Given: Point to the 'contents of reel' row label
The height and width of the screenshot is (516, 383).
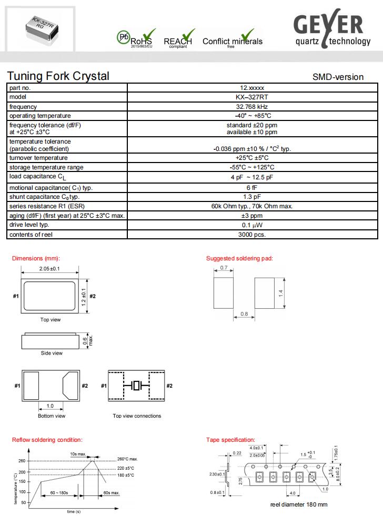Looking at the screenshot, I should (31, 235).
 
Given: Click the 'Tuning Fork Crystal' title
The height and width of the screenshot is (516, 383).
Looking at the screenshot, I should (58, 76).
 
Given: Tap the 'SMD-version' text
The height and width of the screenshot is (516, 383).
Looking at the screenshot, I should (338, 77).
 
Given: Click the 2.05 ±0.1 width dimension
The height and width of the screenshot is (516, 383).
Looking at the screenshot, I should (49, 268).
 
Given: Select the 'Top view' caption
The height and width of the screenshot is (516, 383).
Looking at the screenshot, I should (51, 320).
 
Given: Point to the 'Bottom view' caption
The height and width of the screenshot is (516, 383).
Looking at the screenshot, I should (52, 416).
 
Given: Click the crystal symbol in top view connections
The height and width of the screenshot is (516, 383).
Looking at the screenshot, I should (136, 386).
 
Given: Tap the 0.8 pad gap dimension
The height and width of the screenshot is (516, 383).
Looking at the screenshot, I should (244, 314).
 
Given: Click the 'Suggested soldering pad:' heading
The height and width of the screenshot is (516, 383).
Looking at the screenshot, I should (239, 258).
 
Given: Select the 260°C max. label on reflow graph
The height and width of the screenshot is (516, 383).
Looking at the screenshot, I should (127, 459).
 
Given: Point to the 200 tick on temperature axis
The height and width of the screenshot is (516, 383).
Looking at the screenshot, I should (22, 472).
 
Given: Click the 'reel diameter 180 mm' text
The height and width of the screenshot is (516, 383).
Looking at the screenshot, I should (298, 504).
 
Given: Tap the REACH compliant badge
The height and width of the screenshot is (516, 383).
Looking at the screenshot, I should (178, 39).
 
